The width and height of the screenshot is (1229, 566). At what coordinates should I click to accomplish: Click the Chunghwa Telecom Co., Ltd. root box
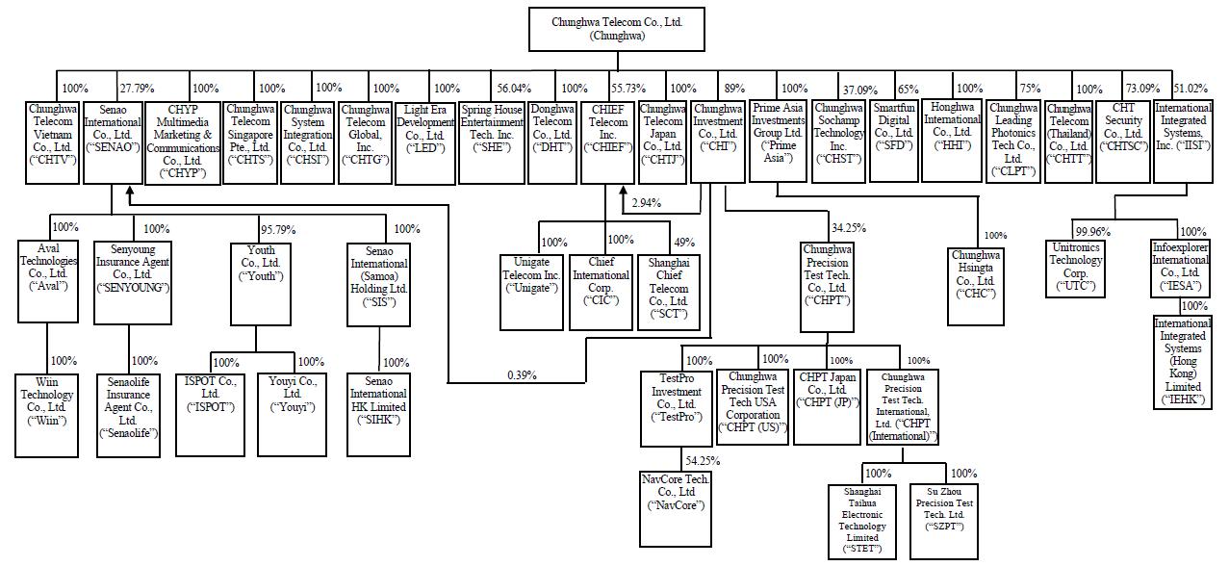pyautogui.click(x=617, y=29)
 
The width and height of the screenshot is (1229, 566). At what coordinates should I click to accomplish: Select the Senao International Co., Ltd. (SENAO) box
pyautogui.click(x=113, y=142)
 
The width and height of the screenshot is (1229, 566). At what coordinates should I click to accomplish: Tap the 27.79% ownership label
pyautogui.click(x=138, y=89)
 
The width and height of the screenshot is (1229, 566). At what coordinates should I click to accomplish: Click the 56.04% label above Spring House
pyautogui.click(x=514, y=89)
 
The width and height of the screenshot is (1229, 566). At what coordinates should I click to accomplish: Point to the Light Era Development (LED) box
pyautogui.click(x=425, y=143)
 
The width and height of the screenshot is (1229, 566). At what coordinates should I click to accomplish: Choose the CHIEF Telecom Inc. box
pyautogui.click(x=608, y=142)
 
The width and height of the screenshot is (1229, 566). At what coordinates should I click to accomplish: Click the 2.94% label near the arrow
pyautogui.click(x=647, y=202)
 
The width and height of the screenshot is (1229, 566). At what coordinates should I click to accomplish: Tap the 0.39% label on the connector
pyautogui.click(x=522, y=375)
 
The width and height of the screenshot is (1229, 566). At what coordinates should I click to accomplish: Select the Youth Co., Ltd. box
pyautogui.click(x=261, y=284)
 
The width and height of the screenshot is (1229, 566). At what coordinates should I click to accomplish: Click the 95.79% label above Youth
pyautogui.click(x=278, y=229)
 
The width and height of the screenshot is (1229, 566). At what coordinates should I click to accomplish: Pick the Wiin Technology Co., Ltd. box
pyautogui.click(x=46, y=416)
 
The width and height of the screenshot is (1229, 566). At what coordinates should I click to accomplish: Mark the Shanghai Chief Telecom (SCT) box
pyautogui.click(x=669, y=292)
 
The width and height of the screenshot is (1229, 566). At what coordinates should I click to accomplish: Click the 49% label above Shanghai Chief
pyautogui.click(x=684, y=243)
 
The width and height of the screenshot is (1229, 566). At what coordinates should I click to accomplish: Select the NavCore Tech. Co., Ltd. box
pyautogui.click(x=676, y=509)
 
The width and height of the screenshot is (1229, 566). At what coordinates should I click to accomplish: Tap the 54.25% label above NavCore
pyautogui.click(x=703, y=460)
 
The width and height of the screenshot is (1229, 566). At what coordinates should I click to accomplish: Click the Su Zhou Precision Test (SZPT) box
pyautogui.click(x=944, y=521)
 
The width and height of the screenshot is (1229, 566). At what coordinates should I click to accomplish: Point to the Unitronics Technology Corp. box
pyautogui.click(x=1075, y=269)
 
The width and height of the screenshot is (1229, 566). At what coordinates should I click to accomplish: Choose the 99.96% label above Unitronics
pyautogui.click(x=1093, y=232)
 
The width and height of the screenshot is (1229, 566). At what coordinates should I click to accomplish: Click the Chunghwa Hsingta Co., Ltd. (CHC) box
pyautogui.click(x=976, y=287)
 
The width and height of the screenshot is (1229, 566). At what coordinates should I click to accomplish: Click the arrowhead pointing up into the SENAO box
pyautogui.click(x=130, y=192)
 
